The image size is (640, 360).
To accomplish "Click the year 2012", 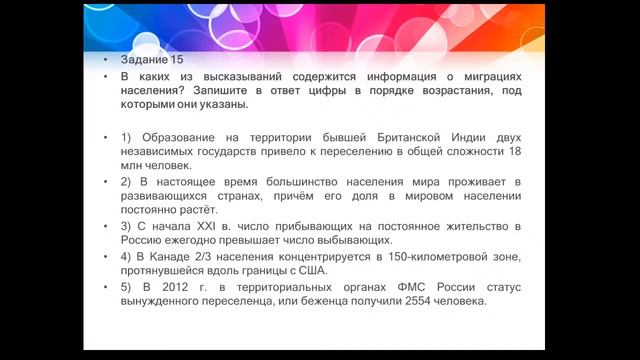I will click(171, 288).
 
